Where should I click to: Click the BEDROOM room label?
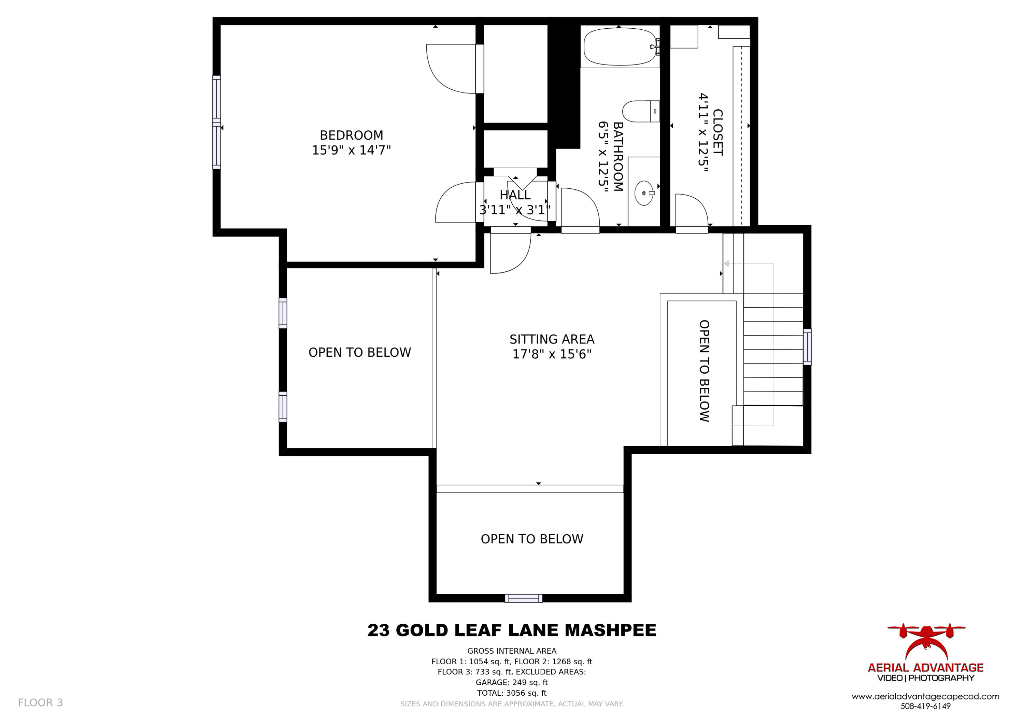352,135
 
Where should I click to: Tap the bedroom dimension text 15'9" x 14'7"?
352,150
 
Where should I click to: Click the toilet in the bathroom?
641,111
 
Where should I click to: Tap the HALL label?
515,195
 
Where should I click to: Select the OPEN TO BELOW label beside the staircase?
704,371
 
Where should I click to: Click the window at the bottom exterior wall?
524,598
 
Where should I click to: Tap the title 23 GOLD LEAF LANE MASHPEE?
512,630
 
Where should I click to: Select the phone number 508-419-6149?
925,706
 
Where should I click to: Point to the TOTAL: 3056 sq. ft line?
512,693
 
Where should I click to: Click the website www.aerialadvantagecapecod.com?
925,696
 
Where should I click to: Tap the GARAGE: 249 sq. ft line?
512,682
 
